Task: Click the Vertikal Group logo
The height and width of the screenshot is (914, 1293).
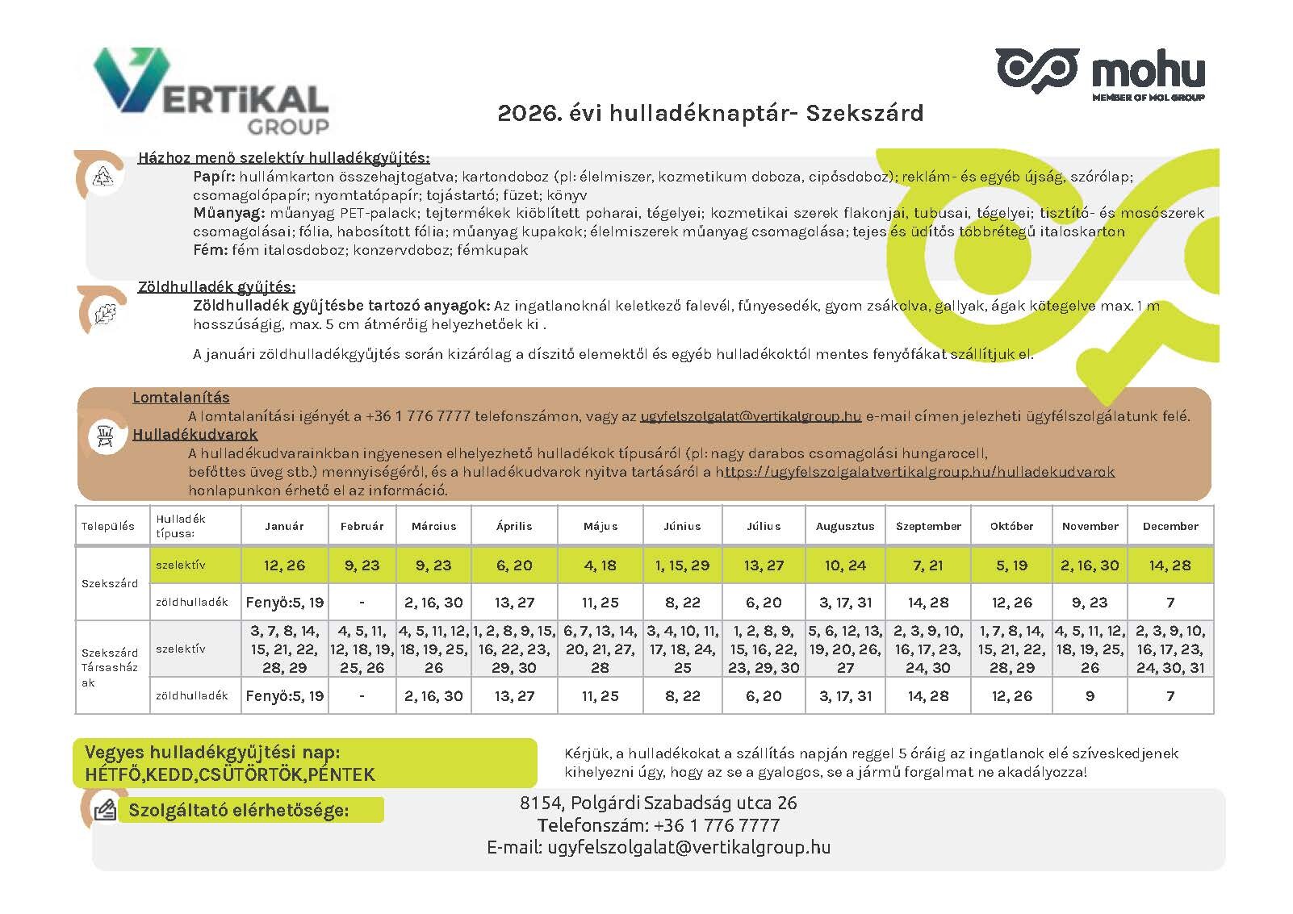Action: (x=211, y=90)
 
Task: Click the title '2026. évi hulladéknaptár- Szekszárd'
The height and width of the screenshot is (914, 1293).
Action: (x=710, y=113)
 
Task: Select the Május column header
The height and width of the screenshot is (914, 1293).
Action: (x=600, y=526)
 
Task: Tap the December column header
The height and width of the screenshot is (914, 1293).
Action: (x=1170, y=526)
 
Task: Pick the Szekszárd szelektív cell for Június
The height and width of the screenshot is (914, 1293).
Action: (x=682, y=566)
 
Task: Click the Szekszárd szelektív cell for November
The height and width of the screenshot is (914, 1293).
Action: (x=1090, y=566)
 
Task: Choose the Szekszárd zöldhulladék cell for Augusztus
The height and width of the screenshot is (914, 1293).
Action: (x=845, y=603)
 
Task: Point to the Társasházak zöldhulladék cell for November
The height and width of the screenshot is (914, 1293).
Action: (x=1090, y=695)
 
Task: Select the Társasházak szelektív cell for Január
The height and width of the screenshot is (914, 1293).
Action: (x=284, y=649)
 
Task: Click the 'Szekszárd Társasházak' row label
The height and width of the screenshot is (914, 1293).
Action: (x=110, y=667)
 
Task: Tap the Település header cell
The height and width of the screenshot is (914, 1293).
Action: (x=108, y=526)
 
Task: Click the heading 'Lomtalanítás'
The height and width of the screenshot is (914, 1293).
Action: (x=181, y=398)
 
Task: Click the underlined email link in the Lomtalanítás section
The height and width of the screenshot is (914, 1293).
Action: (x=751, y=417)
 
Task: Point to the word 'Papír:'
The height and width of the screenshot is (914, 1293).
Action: (x=214, y=177)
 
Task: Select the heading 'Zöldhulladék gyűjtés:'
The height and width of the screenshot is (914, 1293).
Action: (x=216, y=287)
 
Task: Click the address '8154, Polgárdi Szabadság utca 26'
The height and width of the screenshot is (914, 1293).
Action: (x=658, y=803)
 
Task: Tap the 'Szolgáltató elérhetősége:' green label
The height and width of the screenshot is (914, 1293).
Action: (x=239, y=811)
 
